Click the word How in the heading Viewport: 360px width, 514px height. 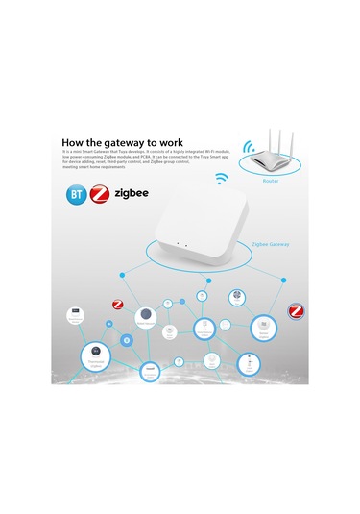[77, 141]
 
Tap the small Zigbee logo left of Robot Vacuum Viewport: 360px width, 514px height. [118, 305]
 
